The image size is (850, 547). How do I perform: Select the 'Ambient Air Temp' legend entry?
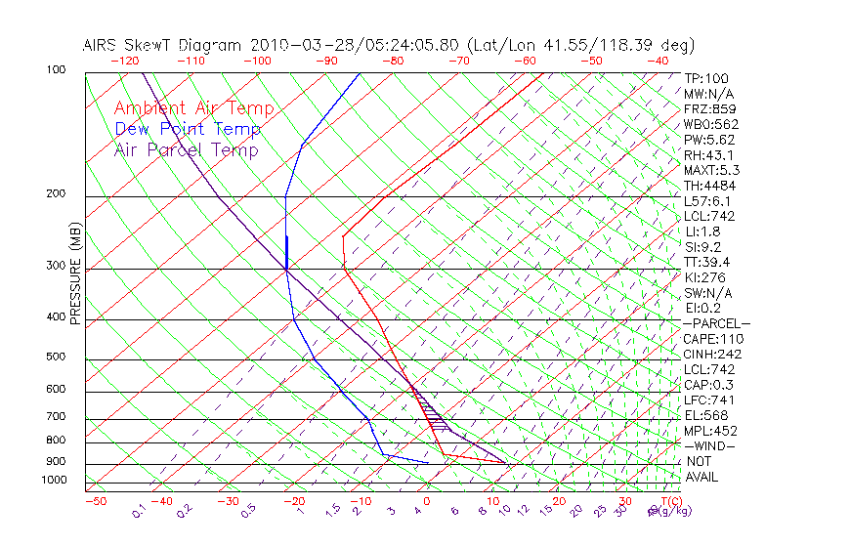(193, 109)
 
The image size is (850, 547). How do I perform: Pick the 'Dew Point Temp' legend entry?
(187, 130)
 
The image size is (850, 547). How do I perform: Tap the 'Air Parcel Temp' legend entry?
(186, 150)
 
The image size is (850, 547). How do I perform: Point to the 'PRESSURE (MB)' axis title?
(75, 273)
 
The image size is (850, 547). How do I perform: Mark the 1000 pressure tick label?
(55, 481)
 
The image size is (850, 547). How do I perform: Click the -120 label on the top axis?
(124, 61)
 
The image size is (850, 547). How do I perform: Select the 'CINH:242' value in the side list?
(709, 354)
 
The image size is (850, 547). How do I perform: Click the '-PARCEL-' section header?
(716, 323)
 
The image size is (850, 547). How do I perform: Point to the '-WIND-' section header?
(709, 445)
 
